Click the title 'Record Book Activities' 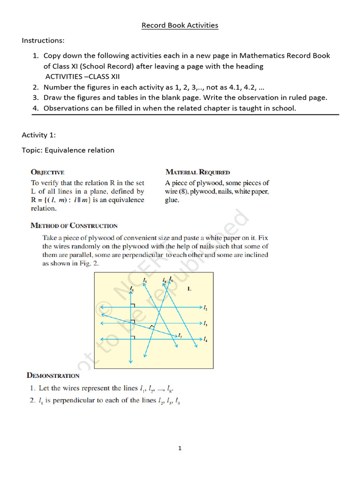tap(180, 25)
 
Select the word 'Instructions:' tap(43, 41)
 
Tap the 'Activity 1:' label tap(39, 135)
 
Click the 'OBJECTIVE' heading tap(48, 172)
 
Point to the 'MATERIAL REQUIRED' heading tap(197, 172)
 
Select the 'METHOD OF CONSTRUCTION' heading tap(74, 225)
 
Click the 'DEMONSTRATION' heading tap(53, 375)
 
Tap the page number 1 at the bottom tap(180, 449)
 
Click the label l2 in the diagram tap(205, 308)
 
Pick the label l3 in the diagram tap(205, 323)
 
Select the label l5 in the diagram tap(145, 281)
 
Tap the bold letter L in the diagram tap(189, 289)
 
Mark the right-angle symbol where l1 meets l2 tap(134, 305)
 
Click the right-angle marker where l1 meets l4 tap(134, 336)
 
